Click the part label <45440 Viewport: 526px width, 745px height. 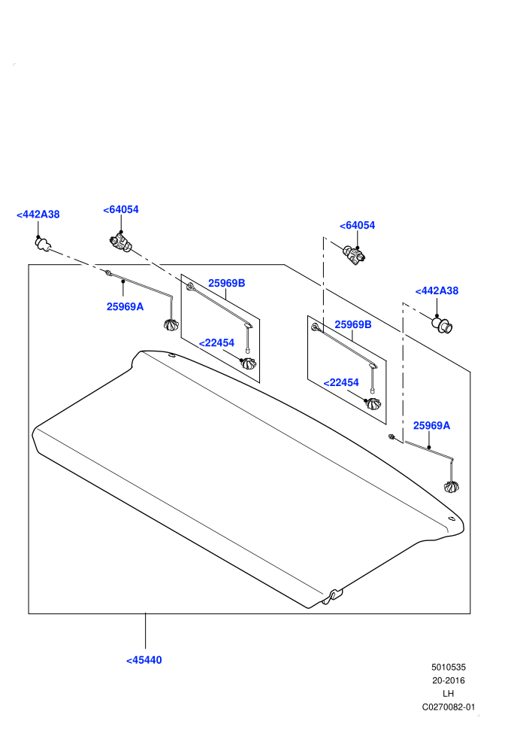click(144, 660)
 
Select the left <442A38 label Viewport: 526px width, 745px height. click(38, 214)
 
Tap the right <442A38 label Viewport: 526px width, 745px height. click(437, 290)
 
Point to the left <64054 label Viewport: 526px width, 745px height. click(121, 209)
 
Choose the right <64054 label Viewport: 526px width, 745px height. click(357, 225)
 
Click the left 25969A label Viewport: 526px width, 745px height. click(125, 306)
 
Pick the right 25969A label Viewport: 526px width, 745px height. click(431, 425)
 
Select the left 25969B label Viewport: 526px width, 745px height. click(227, 283)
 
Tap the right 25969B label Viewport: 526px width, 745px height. click(353, 324)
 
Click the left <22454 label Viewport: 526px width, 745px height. click(216, 342)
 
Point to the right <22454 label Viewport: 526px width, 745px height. click(341, 382)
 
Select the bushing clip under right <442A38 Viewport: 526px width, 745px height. click(442, 325)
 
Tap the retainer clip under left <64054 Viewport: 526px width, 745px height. click(120, 243)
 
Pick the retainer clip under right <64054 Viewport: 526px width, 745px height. click(355, 255)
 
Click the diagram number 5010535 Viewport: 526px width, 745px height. click(448, 667)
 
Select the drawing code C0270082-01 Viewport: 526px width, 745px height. click(448, 707)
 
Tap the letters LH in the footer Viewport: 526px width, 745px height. click(448, 694)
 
